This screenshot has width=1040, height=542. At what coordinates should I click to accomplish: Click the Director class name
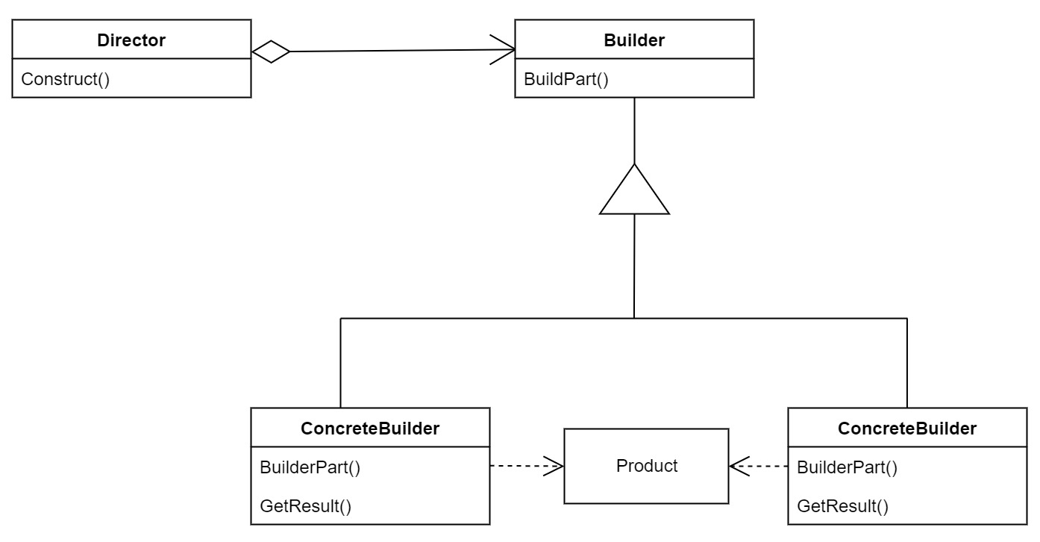131,40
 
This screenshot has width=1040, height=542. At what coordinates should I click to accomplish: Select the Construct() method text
65,78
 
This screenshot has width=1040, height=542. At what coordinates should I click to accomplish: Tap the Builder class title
634,40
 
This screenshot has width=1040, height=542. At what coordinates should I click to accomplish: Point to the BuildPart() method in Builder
566,78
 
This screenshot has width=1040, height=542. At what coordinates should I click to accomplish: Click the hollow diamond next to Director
271,52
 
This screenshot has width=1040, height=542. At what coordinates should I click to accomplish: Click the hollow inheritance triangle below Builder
634,193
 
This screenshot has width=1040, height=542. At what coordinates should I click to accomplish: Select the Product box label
647,466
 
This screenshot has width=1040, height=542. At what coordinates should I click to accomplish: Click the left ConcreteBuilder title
370,428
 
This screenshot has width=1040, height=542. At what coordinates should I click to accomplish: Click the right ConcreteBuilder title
907,428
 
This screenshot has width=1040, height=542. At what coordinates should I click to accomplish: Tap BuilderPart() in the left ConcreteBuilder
310,468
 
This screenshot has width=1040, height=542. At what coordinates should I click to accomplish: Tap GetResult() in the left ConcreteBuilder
305,506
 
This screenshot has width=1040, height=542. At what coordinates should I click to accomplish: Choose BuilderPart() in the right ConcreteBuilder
848,468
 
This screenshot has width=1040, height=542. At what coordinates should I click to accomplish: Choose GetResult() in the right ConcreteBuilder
843,506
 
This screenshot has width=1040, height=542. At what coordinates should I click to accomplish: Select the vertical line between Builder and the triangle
634,130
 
